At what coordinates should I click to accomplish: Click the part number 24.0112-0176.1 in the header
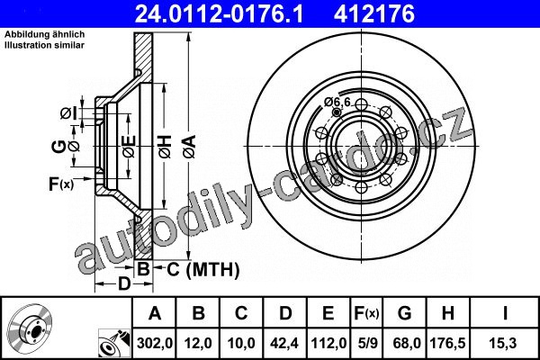(219, 13)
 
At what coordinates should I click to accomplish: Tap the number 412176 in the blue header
(374, 13)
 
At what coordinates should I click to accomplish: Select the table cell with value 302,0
(155, 343)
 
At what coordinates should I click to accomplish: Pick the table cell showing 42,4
(284, 343)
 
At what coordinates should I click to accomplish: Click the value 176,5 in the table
(447, 343)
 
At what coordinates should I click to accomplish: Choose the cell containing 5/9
(367, 343)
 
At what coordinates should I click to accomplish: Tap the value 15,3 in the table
(503, 343)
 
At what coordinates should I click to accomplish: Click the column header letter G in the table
(405, 313)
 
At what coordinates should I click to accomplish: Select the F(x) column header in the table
(367, 313)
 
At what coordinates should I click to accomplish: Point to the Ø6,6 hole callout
(337, 102)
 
